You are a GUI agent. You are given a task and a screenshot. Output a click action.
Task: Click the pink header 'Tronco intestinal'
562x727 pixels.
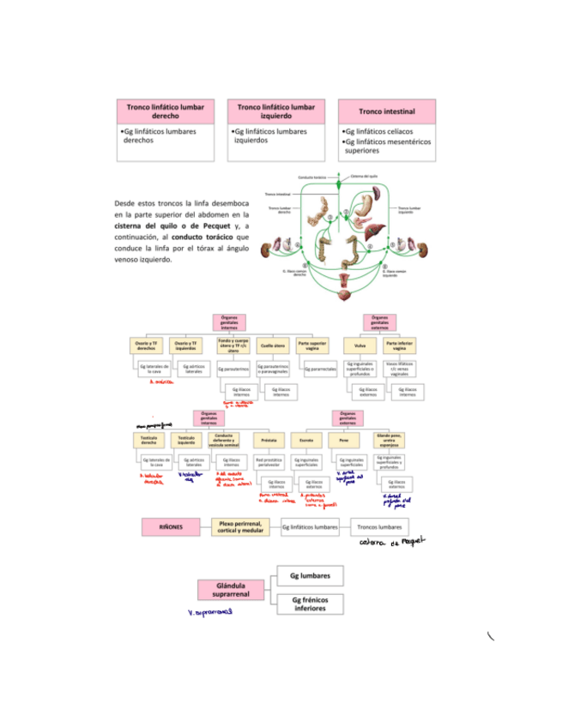pos(386,112)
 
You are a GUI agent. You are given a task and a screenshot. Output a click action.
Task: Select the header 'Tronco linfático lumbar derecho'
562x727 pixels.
pos(166,111)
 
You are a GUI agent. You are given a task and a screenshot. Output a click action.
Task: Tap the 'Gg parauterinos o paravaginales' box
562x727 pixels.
pos(273,369)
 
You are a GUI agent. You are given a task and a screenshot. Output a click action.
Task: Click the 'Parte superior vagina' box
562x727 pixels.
pos(313,345)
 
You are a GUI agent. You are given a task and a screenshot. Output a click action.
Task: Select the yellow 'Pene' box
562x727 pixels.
pos(344,439)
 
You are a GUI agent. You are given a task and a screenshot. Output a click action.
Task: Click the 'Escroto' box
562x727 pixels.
pos(306,439)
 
